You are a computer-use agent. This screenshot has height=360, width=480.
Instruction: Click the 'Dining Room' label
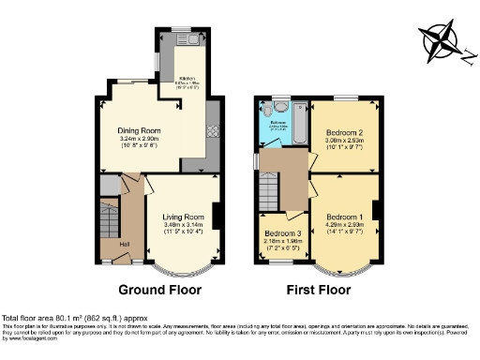(x=139, y=130)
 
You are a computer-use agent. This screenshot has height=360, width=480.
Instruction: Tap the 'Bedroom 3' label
(x=282, y=232)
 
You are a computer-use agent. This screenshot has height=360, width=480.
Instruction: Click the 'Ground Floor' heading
(x=158, y=290)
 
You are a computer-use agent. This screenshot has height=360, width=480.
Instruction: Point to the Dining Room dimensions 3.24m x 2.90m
(x=139, y=140)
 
